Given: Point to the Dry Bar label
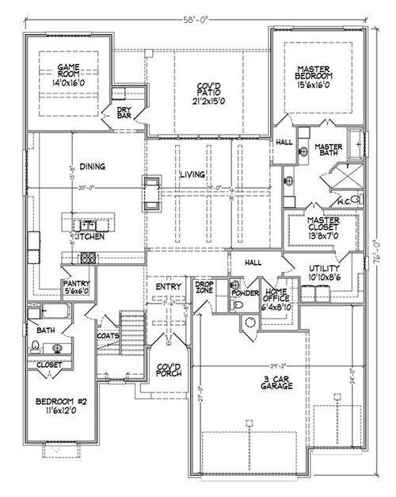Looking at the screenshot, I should pyautogui.click(x=124, y=114).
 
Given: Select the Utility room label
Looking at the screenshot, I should pyautogui.click(x=322, y=273).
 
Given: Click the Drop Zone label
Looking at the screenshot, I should pyautogui.click(x=206, y=288).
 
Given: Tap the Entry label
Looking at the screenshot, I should pyautogui.click(x=169, y=286).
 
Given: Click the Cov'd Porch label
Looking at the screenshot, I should pyautogui.click(x=168, y=370).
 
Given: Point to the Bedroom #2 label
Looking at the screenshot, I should pyautogui.click(x=59, y=407).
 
